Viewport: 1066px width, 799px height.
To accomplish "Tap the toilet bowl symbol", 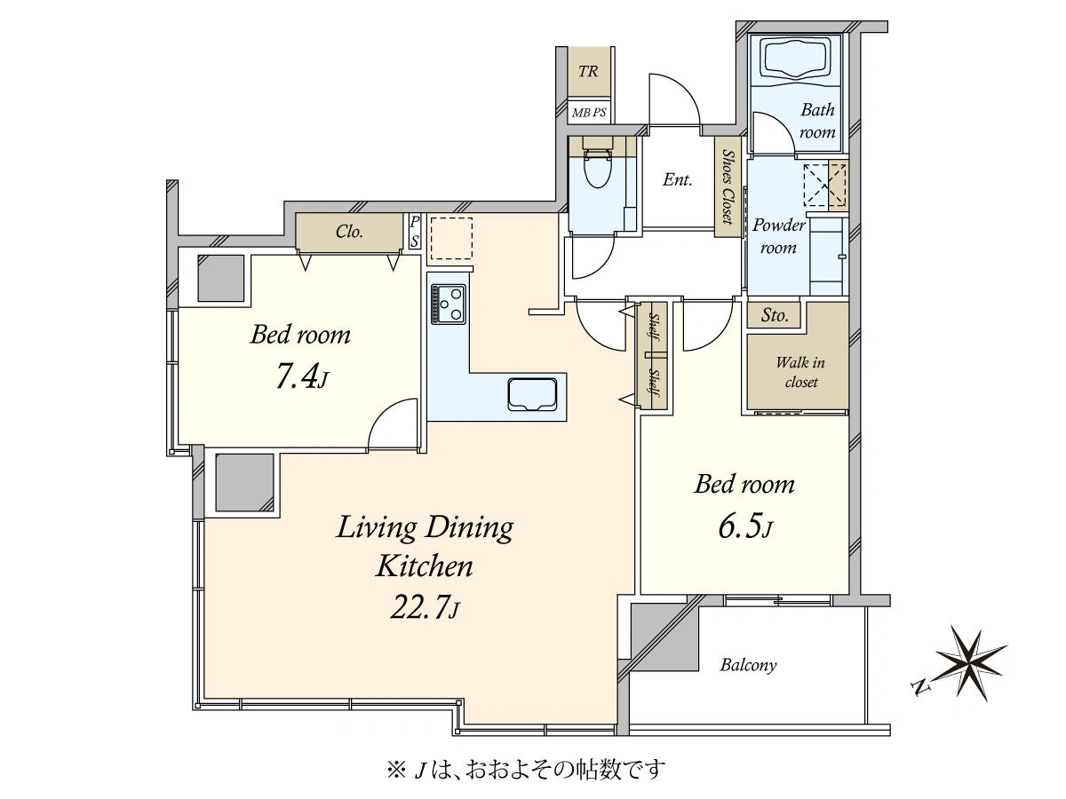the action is pyautogui.click(x=597, y=168).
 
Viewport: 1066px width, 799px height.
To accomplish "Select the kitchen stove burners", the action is pyautogui.click(x=448, y=304).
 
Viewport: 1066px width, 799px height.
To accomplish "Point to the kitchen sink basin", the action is pyautogui.click(x=532, y=393).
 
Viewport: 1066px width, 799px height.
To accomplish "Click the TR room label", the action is pyautogui.click(x=588, y=72).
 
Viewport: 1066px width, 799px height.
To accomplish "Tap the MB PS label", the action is pyautogui.click(x=589, y=113).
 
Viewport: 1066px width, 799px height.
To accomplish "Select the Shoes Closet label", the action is pyautogui.click(x=727, y=186).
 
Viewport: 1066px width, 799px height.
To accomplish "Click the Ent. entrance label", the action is pyautogui.click(x=677, y=180).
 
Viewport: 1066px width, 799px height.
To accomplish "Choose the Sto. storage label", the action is pyautogui.click(x=774, y=315).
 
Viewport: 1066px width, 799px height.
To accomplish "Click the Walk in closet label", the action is pyautogui.click(x=800, y=372).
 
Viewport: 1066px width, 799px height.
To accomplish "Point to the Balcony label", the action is pyautogui.click(x=748, y=665).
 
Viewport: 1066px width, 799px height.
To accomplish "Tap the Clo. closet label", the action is pyautogui.click(x=349, y=232).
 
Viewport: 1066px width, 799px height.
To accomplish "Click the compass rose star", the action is pyautogui.click(x=971, y=663).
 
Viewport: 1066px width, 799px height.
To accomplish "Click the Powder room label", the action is pyautogui.click(x=778, y=236).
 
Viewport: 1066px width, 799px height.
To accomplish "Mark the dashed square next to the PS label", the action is pyautogui.click(x=451, y=238).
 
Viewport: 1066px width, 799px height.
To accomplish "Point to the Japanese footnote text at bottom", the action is pyautogui.click(x=526, y=770).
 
